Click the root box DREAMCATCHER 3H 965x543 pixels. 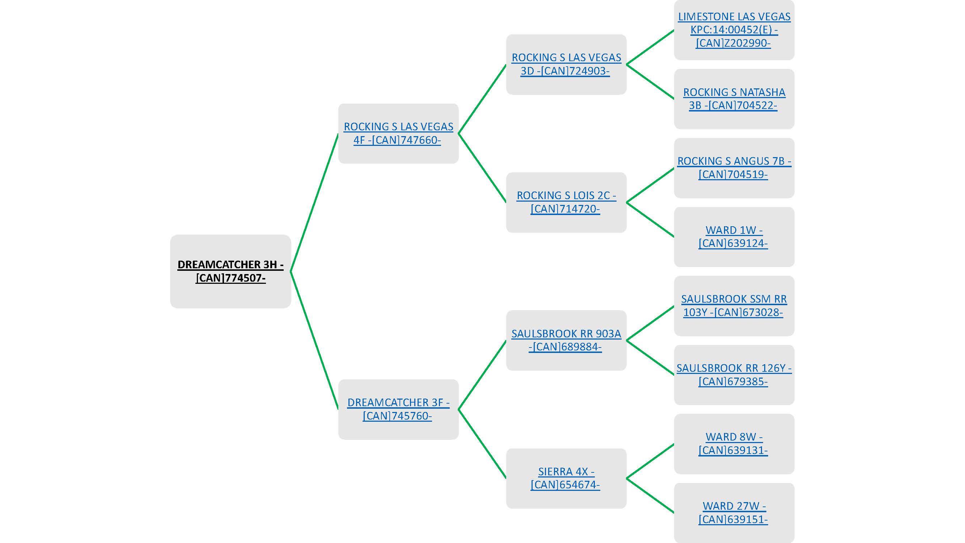[x=230, y=271]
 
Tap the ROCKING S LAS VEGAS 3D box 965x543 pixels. [x=566, y=64]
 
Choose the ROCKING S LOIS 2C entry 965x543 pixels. [x=566, y=202]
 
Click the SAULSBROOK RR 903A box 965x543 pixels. [x=566, y=340]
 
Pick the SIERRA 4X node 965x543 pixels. [x=566, y=478]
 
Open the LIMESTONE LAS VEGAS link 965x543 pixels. [x=734, y=17]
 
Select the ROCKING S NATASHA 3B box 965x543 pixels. [x=734, y=99]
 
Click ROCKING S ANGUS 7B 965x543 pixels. [x=734, y=168]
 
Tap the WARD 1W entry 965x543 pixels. [x=734, y=237]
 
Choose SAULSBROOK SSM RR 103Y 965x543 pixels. [x=734, y=306]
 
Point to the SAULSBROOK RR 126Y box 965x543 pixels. [x=734, y=375]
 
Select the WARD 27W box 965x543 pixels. [x=734, y=513]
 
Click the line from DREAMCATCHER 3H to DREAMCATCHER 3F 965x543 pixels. [x=315, y=340]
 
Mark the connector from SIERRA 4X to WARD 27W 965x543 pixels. [x=650, y=496]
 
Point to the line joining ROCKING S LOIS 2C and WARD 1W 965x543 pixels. [x=650, y=220]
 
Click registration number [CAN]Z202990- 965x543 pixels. [x=733, y=43]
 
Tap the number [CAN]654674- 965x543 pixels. [x=565, y=485]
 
